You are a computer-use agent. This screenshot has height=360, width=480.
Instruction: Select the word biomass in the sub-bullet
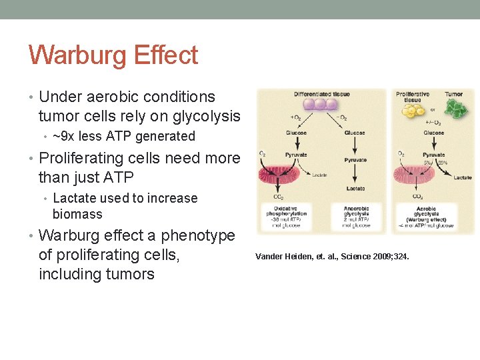77,214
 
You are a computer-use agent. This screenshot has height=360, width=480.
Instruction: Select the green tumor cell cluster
454,107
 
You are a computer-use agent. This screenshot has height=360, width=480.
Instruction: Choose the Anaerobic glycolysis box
356,217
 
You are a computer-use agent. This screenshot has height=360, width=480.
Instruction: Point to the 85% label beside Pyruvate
442,162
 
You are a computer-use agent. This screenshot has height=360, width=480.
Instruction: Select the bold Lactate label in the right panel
463,178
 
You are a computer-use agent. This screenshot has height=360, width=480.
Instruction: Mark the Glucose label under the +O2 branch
296,133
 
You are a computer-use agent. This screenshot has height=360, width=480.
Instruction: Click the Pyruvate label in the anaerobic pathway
355,160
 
